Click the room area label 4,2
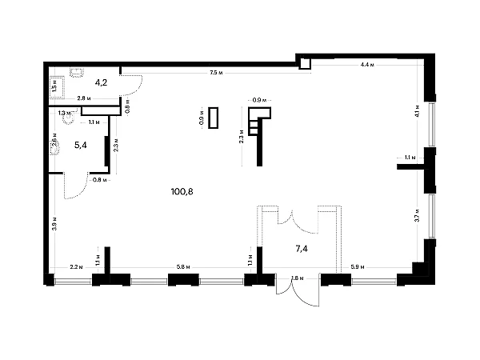point(102,82)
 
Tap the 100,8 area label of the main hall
point(182,192)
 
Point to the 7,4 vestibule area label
point(302,249)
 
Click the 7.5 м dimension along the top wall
point(214,74)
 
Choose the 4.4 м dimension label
point(367,63)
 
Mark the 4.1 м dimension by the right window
point(418,110)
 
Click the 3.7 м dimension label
point(418,215)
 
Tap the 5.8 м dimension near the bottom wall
point(182,266)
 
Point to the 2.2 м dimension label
point(75,266)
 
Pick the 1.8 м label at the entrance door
point(298,278)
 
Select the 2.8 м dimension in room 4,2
point(82,99)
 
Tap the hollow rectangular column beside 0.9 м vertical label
point(213,118)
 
